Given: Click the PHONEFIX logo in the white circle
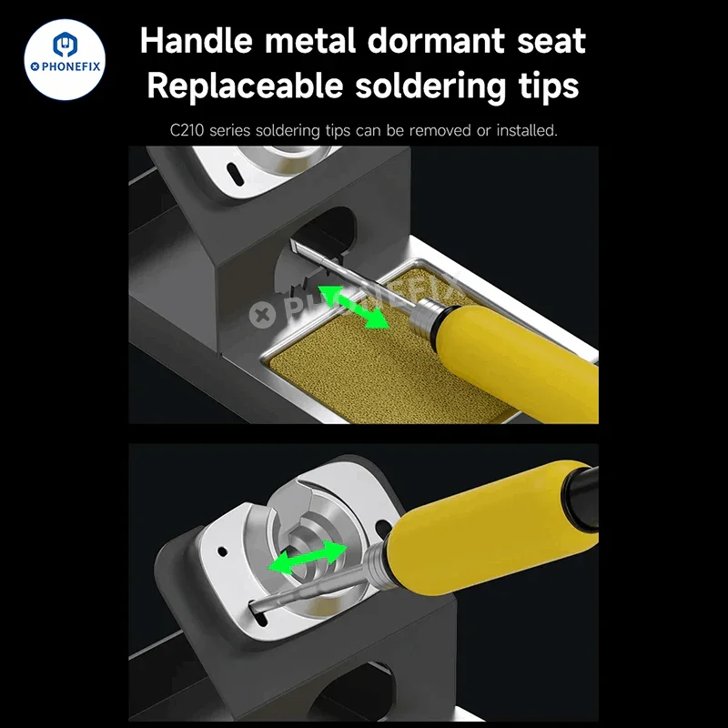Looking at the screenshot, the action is (x=65, y=59).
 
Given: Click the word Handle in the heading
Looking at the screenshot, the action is (x=197, y=40).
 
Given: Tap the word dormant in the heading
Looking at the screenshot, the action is (x=436, y=40).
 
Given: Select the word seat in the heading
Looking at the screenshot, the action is (x=551, y=42).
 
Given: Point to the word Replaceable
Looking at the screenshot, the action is (x=245, y=86).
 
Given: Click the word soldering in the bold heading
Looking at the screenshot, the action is (x=430, y=86).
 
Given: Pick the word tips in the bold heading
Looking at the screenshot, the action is (x=549, y=86).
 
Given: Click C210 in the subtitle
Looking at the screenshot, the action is (x=187, y=130).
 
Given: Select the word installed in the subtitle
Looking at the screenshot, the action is (x=527, y=130).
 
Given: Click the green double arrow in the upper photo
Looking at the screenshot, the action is (x=353, y=307).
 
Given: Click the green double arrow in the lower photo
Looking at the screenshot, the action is (x=308, y=557).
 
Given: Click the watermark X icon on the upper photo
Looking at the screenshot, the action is (x=262, y=315).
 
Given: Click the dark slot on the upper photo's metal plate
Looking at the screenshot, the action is (x=235, y=175).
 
